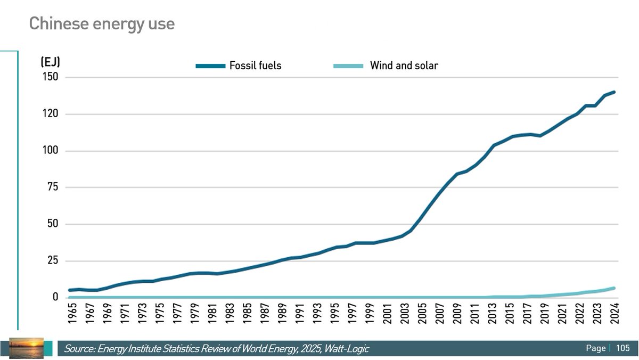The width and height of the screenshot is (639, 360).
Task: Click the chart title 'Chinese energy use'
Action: [101, 24]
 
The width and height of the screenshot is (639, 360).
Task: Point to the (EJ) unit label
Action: [50, 62]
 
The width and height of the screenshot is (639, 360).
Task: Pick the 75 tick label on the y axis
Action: [52, 187]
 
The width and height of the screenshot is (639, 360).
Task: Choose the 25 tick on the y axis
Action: [52, 261]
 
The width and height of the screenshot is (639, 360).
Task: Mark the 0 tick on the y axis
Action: [55, 297]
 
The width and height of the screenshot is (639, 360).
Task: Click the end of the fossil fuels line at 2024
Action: [614, 92]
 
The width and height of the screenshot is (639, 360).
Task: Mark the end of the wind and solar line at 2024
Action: [614, 288]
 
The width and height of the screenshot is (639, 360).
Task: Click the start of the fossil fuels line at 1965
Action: [70, 290]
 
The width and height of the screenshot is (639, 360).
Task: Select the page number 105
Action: [622, 348]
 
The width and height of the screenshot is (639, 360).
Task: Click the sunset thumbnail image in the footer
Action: [26, 347]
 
